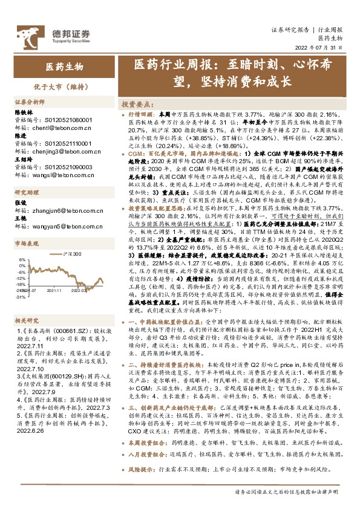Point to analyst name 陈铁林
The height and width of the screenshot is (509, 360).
pos(22,112)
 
